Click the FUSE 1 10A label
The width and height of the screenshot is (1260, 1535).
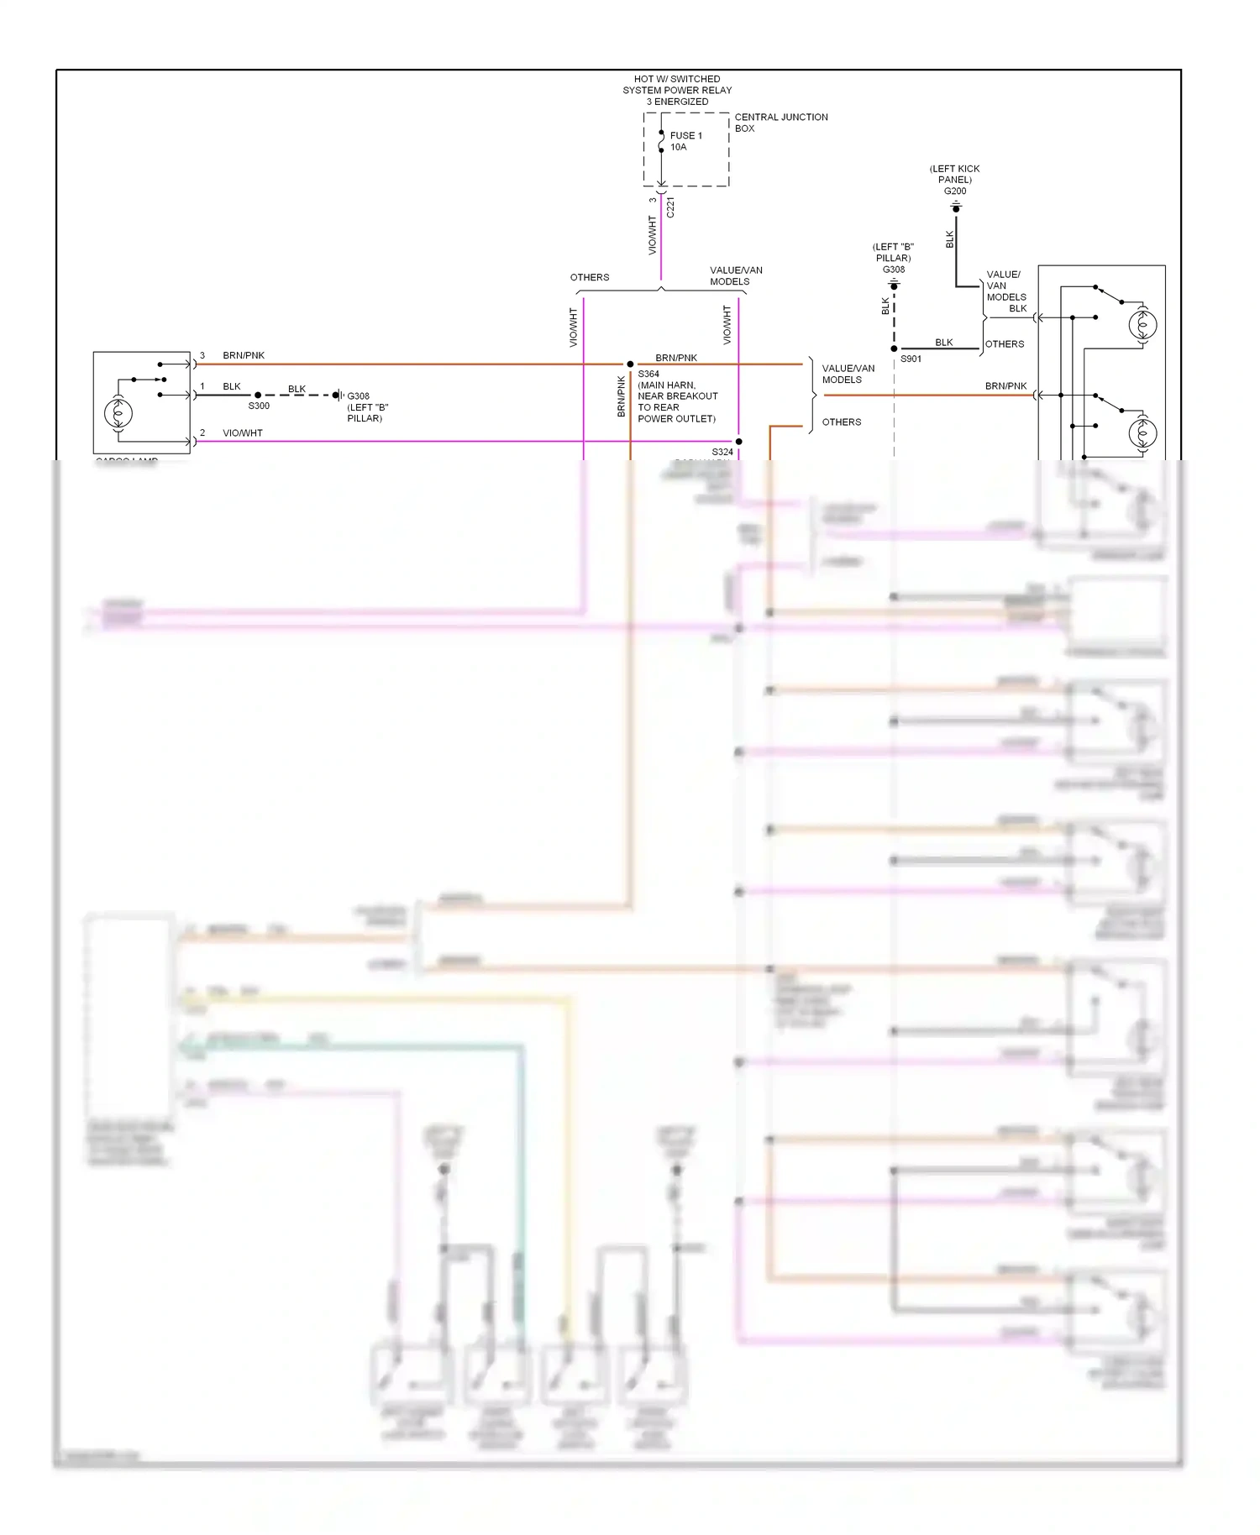click(685, 141)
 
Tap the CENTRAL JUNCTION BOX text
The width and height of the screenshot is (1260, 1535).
click(780, 123)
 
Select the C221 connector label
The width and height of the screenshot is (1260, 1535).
click(669, 207)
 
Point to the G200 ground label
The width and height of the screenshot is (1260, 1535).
click(955, 191)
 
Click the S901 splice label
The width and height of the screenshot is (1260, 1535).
click(911, 359)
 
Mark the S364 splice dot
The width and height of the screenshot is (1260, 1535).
click(630, 364)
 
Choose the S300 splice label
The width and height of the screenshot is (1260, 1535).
click(259, 406)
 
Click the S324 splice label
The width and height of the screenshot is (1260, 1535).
click(722, 452)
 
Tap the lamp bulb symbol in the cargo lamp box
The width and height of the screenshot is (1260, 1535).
click(118, 412)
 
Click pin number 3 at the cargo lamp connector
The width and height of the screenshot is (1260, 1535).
click(202, 355)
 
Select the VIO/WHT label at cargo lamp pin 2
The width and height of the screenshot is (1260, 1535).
click(243, 433)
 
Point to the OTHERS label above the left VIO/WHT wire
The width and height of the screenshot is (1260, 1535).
click(590, 277)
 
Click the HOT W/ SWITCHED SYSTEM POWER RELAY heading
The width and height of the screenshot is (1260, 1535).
click(677, 90)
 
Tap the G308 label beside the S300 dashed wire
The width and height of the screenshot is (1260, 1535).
click(359, 396)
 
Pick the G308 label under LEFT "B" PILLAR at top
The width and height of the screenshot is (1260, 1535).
click(894, 270)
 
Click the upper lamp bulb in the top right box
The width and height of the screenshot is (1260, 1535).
click(1142, 324)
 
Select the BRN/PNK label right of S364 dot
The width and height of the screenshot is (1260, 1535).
click(676, 358)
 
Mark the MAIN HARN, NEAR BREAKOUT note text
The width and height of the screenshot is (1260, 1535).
click(677, 396)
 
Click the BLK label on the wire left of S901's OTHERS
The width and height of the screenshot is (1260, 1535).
click(944, 342)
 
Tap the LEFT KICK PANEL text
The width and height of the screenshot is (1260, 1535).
click(955, 174)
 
